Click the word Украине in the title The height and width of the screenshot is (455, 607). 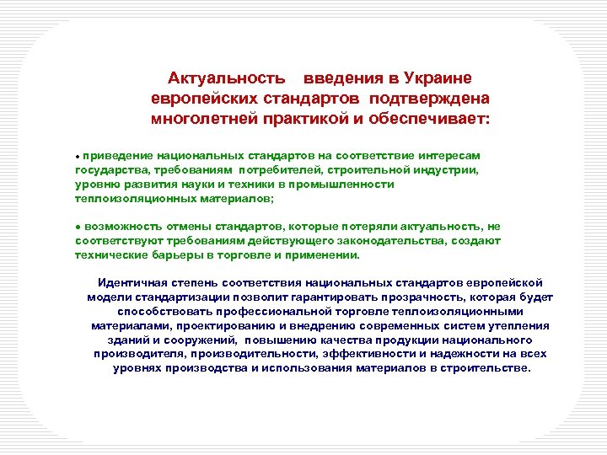click(436, 78)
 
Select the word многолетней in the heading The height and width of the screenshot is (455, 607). click(203, 118)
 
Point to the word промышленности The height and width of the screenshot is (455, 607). click(340, 183)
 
